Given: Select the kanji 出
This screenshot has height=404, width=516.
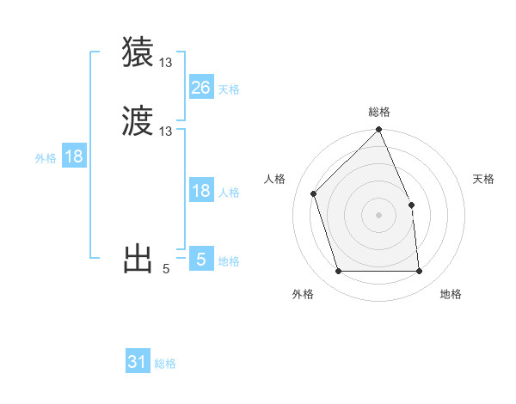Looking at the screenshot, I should [x=138, y=259].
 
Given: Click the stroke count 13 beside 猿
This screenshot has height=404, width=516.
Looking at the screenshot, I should [x=166, y=63].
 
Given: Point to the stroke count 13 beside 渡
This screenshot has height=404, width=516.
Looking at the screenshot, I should [x=166, y=132].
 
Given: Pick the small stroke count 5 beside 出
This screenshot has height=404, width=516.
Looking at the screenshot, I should [x=166, y=269].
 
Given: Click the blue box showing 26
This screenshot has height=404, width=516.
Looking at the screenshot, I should [x=200, y=88].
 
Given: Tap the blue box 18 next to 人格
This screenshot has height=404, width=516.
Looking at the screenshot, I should [x=200, y=191].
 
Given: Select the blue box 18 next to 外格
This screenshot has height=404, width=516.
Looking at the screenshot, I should [x=74, y=156].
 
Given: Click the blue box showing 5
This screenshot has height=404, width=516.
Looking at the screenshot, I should [x=200, y=259].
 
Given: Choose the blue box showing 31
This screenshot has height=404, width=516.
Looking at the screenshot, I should [x=138, y=362].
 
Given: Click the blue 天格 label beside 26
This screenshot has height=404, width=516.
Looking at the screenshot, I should [x=229, y=89].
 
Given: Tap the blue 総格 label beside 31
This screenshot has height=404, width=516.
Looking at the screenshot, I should [x=165, y=364].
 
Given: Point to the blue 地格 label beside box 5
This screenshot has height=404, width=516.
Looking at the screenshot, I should [x=229, y=261].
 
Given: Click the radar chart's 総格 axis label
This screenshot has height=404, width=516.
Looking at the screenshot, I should [x=378, y=112].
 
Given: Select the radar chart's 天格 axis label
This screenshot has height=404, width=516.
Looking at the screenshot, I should [x=483, y=179].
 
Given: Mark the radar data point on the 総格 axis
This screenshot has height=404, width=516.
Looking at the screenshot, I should [x=378, y=131].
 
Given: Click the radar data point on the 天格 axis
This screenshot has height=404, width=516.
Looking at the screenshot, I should [x=411, y=205].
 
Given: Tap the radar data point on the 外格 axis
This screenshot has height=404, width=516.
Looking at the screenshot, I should [x=338, y=272].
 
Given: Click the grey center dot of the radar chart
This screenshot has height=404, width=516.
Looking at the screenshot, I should [x=378, y=215].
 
